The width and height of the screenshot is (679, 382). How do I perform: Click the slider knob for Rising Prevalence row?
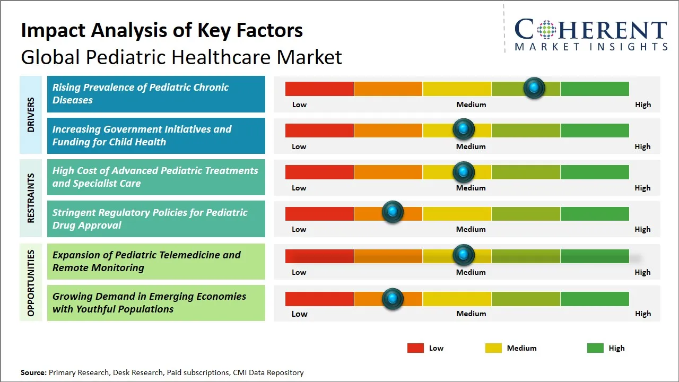pos(534,88)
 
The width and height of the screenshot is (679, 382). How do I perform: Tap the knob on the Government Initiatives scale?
pos(464,129)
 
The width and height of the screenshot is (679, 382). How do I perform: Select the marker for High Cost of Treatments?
pos(464,172)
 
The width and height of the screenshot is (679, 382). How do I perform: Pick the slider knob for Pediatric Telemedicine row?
pos(464,255)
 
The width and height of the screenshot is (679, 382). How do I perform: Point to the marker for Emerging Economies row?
pos(393,299)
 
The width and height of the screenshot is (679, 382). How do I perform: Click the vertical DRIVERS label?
pos(31,115)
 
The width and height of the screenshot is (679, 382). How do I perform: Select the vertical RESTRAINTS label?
pos(31,198)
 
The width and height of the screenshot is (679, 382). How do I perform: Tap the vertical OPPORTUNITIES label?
pos(31,283)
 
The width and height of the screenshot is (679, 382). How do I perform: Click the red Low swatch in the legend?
pos(415,348)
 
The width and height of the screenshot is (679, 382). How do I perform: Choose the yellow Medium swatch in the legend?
pos(493,348)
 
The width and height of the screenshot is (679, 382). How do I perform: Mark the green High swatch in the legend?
pos(595,348)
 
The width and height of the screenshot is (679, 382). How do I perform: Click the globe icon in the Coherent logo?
pos(546,30)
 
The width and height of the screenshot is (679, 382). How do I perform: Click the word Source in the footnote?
pos(33,372)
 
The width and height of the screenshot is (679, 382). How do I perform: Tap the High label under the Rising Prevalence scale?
pos(642,105)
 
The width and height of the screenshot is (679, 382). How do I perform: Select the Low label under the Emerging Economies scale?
pos(299,314)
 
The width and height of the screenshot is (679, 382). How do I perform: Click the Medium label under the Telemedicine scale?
pos(471,272)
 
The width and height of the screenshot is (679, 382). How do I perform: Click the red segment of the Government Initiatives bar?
pos(319,130)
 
